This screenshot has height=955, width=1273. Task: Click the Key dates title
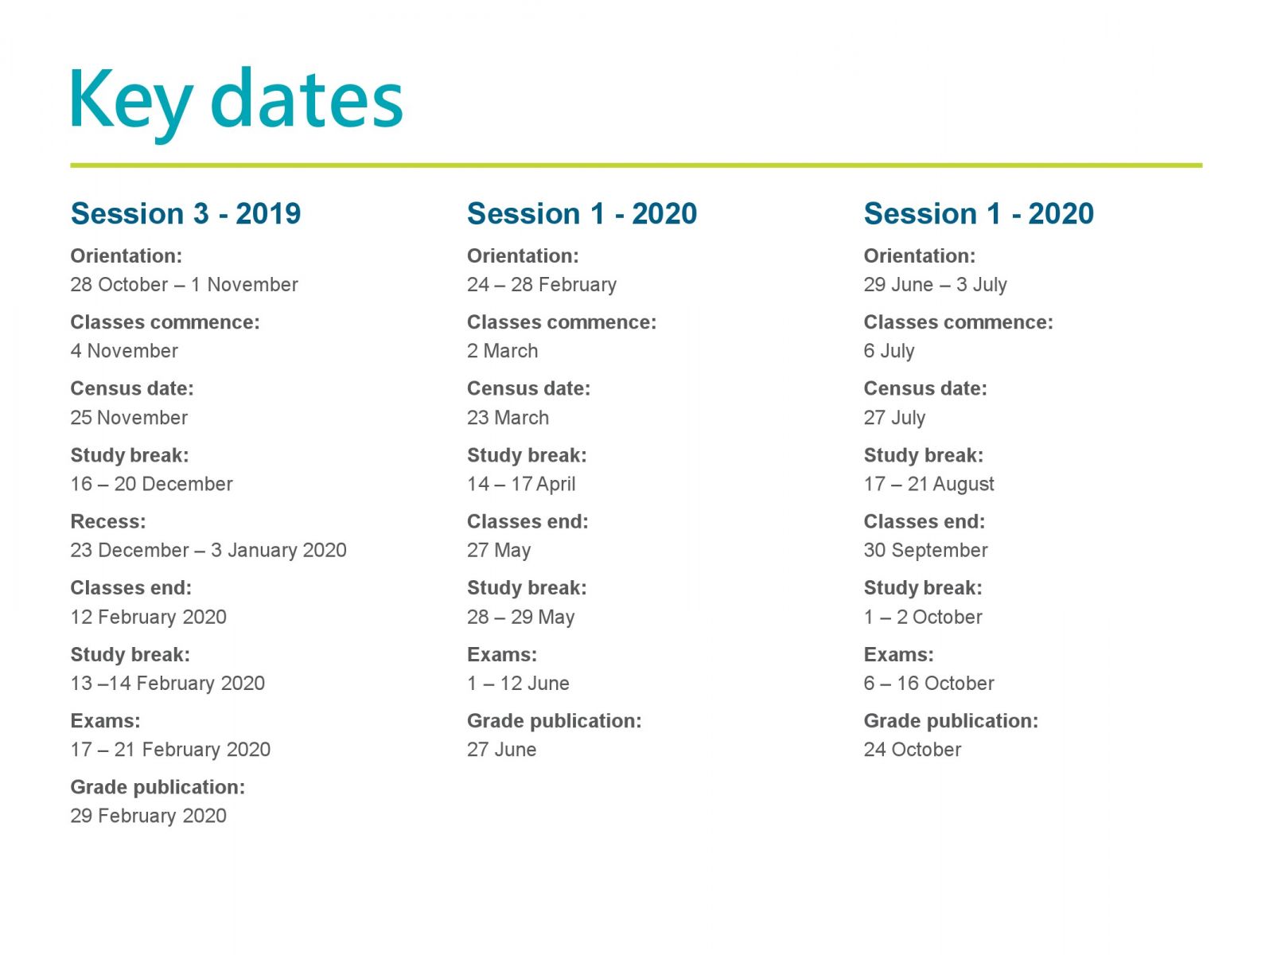tap(236, 103)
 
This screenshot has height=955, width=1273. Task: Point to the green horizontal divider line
tap(636, 166)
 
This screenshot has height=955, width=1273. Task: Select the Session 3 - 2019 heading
tap(185, 213)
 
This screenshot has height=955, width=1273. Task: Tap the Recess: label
tap(108, 521)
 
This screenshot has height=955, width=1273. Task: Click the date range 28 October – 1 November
tap(184, 285)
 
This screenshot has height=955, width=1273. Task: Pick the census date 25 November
tap(129, 418)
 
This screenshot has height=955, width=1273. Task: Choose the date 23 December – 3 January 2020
tap(208, 550)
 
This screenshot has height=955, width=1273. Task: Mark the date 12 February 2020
tap(148, 616)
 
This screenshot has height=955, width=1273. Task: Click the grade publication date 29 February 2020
tap(148, 815)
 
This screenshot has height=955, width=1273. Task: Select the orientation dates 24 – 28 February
tap(542, 285)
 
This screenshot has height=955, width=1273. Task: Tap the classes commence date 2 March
tap(502, 351)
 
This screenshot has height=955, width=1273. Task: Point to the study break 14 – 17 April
tap(521, 484)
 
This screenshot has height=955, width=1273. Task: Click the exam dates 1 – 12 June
tap(518, 683)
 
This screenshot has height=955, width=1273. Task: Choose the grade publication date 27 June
tap(502, 749)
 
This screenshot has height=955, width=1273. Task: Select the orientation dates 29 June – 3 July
tap(935, 285)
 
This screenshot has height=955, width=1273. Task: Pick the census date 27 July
tap(894, 418)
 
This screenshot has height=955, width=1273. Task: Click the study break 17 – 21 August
tap(928, 484)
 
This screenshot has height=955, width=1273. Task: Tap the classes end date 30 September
tap(925, 550)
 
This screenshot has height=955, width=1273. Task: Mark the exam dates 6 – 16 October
tap(928, 683)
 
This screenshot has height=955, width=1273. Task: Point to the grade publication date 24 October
tap(913, 749)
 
